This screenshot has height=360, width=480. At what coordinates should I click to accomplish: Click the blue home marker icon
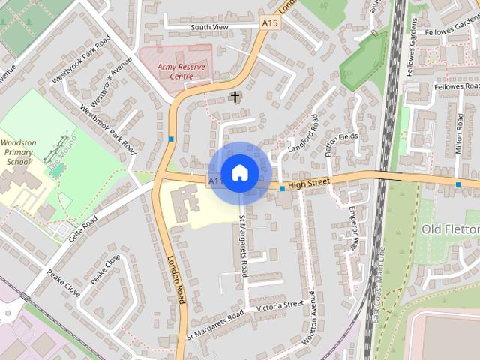239,172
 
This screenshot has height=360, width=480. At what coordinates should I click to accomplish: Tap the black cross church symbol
235,97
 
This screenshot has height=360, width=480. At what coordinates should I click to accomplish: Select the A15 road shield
270,24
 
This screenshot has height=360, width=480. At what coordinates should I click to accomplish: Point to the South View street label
209,27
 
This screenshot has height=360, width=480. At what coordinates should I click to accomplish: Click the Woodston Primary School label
19,152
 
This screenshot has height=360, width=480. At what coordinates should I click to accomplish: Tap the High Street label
308,184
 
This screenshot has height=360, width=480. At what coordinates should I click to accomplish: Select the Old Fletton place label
450,229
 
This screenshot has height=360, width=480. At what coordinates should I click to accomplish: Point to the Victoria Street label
279,306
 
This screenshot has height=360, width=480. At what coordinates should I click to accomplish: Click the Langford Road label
300,135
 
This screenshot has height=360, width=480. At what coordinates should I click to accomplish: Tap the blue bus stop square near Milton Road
458,184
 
